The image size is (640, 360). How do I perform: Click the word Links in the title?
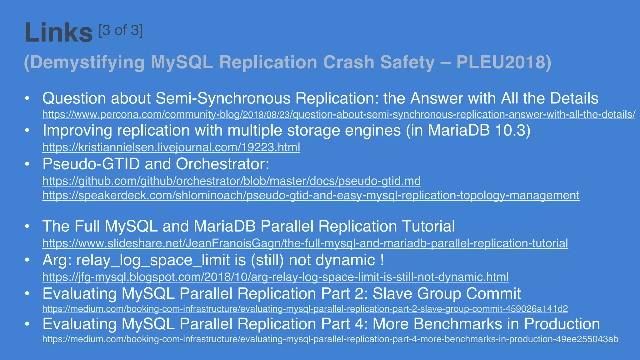click(x=58, y=32)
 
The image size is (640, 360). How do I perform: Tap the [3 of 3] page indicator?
click(x=121, y=31)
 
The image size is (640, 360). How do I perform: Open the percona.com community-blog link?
click(x=339, y=114)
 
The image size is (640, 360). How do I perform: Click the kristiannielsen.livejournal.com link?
click(x=171, y=147)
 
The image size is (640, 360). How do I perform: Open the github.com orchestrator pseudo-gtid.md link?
click(x=232, y=181)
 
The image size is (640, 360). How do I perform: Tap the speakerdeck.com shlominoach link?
click(x=311, y=195)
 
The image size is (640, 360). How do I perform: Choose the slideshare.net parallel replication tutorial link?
click(x=305, y=243)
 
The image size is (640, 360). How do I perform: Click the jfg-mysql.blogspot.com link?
click(x=276, y=277)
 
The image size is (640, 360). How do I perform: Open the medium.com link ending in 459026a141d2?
click(x=305, y=309)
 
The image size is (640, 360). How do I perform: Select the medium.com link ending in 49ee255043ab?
click(x=330, y=339)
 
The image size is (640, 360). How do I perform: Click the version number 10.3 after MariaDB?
click(x=508, y=130)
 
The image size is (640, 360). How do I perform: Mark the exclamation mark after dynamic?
click(x=382, y=260)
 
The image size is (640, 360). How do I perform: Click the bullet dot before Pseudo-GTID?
click(x=27, y=164)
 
